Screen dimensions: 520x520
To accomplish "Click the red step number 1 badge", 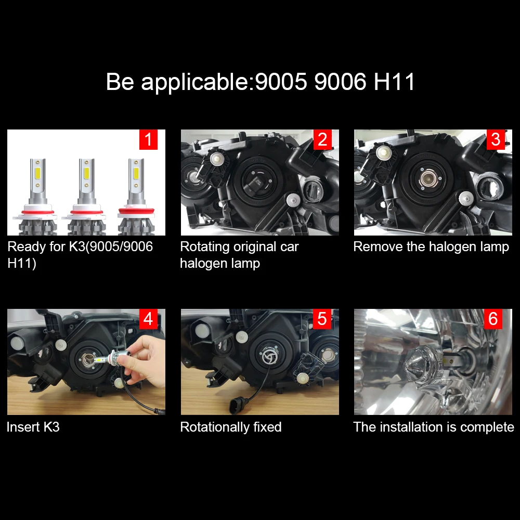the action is pos(148,139).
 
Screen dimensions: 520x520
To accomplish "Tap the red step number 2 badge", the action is pos(322,139).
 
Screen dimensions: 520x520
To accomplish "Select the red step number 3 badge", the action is pos(496,139).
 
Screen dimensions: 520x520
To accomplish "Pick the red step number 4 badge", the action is pos(148,319).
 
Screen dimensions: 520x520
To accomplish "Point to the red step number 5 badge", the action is pos(322,319).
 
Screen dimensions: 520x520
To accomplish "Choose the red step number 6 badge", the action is pos(493,319).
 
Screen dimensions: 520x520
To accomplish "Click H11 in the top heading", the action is pos(394,82).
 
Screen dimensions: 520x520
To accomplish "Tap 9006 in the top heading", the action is pos(340,82).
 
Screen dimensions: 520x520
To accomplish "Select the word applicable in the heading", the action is pos(194,82).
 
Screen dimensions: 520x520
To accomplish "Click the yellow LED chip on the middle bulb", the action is pos(86,173).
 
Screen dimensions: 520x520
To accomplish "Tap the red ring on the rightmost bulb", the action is pos(136,211).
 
